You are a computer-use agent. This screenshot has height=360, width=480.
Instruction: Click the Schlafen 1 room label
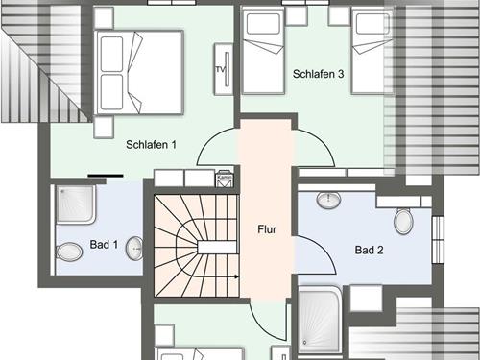point(151,145)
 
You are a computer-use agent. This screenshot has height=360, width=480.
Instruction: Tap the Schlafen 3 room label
point(318,74)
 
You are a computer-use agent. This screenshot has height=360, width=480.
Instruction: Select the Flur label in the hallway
point(267,229)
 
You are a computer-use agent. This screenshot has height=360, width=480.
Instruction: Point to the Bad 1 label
point(104,245)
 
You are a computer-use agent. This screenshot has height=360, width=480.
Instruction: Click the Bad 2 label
point(369,250)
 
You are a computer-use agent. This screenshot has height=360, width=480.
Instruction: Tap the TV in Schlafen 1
point(224,69)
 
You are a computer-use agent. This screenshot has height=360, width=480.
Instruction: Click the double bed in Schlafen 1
point(138,73)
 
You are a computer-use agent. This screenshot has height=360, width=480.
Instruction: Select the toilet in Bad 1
point(69,252)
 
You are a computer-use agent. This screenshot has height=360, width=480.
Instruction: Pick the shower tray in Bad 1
point(76,204)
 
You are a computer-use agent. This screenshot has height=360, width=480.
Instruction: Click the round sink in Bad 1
point(134,249)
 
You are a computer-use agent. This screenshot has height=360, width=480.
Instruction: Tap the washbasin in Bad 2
point(328,200)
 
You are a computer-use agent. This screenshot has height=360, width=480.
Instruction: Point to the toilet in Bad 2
point(403,221)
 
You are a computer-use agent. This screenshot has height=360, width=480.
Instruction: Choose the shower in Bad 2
point(320,320)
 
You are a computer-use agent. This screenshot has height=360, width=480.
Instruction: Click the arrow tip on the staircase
point(238,276)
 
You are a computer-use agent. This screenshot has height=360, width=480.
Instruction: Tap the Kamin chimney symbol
point(225,179)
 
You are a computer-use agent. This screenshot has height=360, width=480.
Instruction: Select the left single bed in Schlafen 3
point(263,51)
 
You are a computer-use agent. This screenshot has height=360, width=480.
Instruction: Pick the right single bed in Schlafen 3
point(372,51)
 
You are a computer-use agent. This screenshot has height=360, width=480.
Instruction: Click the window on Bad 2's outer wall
point(438,240)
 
